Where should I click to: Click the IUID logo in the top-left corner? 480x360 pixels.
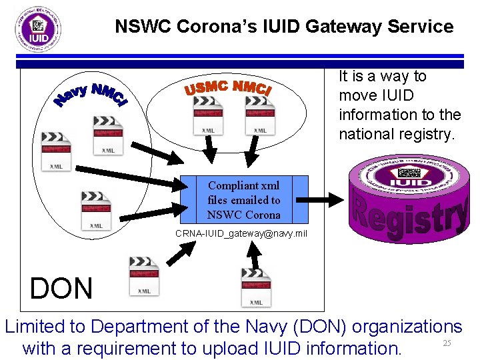39,29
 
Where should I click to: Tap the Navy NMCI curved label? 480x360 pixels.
90,96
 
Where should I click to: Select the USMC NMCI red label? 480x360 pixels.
227,88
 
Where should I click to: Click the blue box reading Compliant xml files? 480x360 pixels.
244,199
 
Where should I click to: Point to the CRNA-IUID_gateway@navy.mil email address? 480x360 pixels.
241,233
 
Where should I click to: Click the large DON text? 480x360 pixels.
61,289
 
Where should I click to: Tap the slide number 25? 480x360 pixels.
447,343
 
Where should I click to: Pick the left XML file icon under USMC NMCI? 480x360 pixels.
207,115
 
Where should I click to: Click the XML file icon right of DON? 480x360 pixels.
143,276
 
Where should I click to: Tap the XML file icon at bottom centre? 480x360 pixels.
256,287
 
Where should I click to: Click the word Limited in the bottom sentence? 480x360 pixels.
45,327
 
